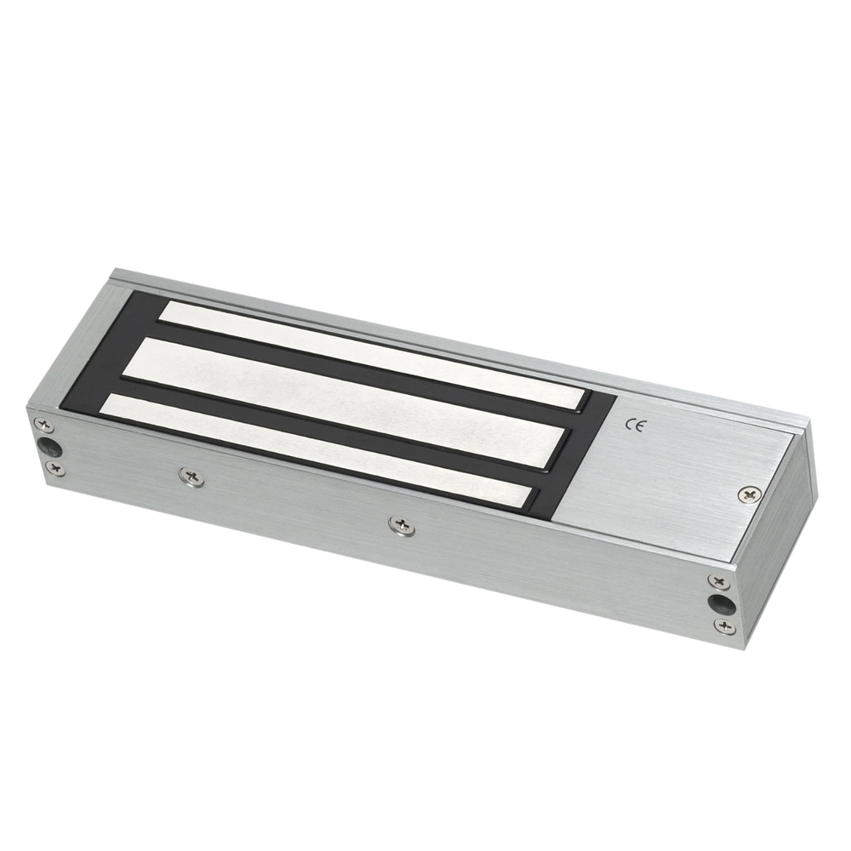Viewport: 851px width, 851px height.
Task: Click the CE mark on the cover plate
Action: pos(634,426)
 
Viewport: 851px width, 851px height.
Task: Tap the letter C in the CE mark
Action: pos(629,425)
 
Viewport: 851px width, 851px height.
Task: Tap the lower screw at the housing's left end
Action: pos(56,467)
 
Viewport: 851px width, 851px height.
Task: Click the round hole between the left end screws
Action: pos(48,445)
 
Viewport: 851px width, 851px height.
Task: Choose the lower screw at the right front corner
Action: pos(723,626)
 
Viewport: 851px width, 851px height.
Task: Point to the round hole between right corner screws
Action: pos(720,603)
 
